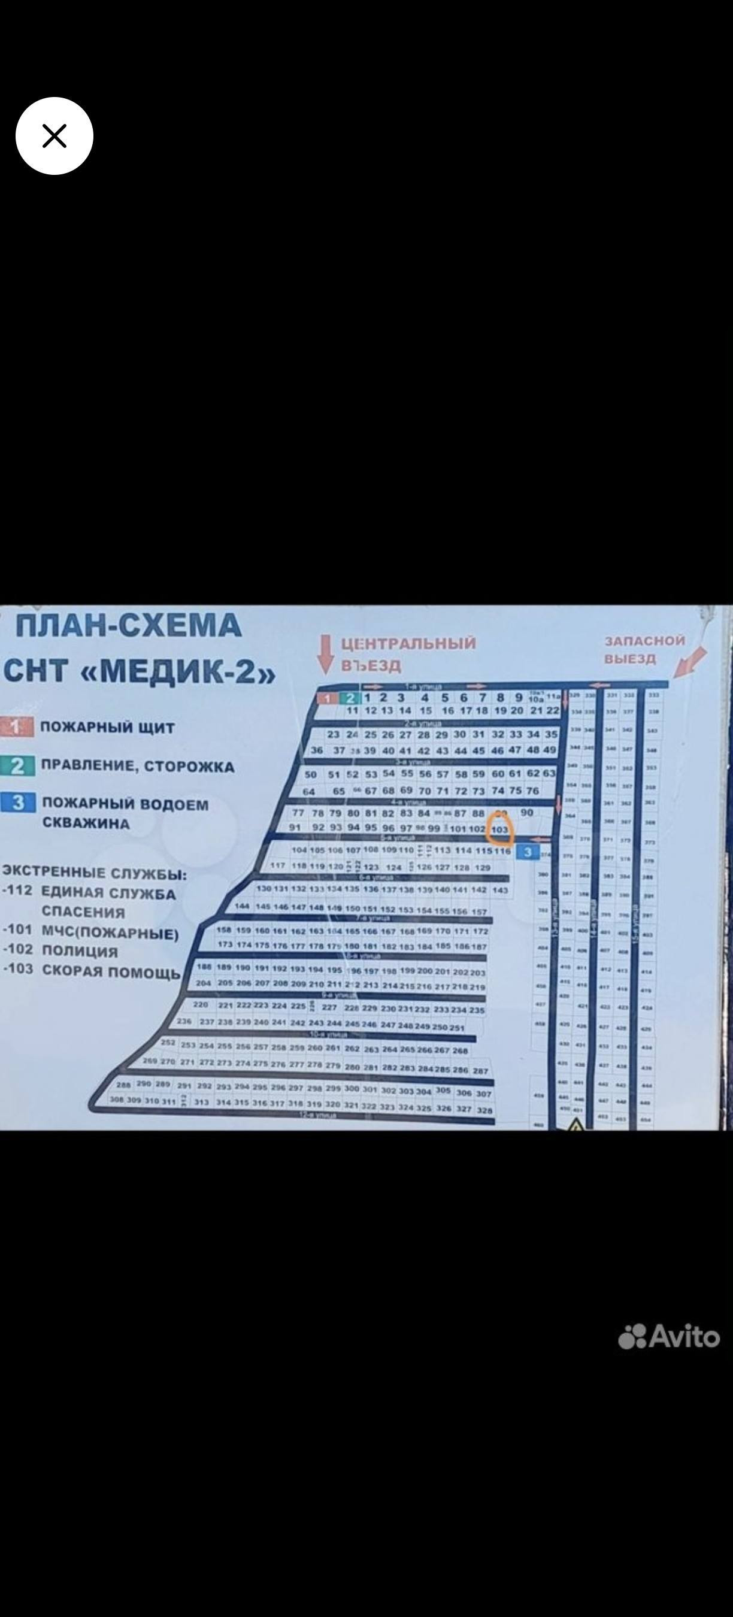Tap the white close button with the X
[54, 135]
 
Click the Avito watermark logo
[669, 1336]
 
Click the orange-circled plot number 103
[499, 829]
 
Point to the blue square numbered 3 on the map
[528, 852]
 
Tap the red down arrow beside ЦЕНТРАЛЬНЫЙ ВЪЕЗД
[325, 653]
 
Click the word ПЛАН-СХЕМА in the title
[129, 626]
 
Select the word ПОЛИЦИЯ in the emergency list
[80, 951]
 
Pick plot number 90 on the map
[526, 812]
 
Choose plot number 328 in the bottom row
[484, 1110]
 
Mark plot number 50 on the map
[311, 774]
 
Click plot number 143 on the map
[500, 890]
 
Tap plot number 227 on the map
[329, 1007]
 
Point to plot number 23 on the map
[333, 734]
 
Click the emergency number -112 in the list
[17, 890]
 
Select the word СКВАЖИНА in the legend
[86, 823]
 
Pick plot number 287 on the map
[481, 1070]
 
